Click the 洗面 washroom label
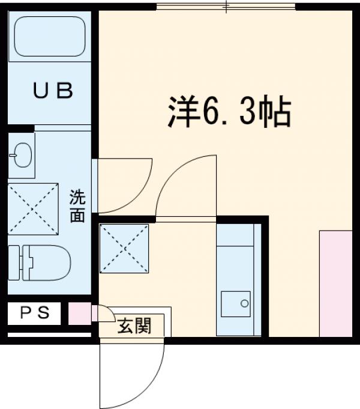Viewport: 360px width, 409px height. (77, 206)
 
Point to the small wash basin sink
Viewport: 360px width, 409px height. (21, 155)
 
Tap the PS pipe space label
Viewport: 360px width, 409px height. (33, 312)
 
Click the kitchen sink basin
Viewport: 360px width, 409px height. (235, 304)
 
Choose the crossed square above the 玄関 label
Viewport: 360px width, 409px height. (124, 248)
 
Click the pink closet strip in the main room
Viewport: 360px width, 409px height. (335, 283)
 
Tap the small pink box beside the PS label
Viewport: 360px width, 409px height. (79, 313)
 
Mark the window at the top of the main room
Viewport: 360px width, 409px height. (226, 7)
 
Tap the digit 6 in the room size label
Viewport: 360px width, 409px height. (212, 112)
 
